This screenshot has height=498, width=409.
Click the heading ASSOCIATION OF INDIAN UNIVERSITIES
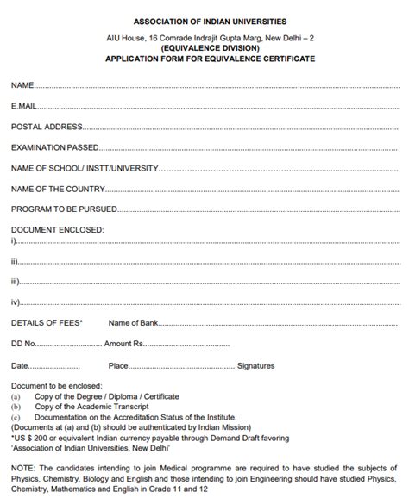[204, 20]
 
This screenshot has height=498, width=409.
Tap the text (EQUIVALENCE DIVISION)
[204, 49]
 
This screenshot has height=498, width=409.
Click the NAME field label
[22, 85]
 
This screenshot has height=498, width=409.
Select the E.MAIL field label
[24, 106]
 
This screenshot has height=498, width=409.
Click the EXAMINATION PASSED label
[54, 147]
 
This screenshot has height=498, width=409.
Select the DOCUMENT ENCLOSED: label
[57, 230]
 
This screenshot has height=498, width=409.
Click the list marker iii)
[16, 281]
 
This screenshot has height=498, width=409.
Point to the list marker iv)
[16, 302]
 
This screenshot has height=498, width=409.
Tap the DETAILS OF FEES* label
[47, 322]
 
